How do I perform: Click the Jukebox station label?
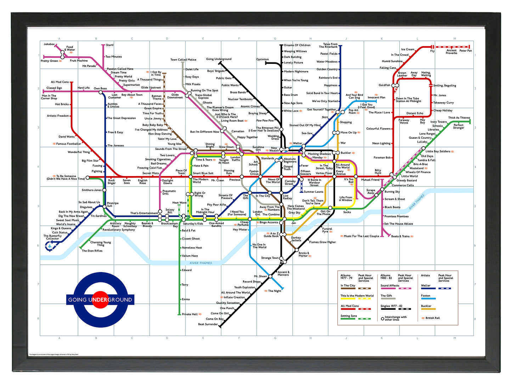point(49,44)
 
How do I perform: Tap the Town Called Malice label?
point(183,60)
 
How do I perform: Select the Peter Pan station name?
point(465,51)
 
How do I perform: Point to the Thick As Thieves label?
point(459,118)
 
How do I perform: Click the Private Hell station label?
point(190,314)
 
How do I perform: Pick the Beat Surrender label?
point(208,324)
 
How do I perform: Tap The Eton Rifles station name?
point(92,251)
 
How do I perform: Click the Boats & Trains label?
point(400,236)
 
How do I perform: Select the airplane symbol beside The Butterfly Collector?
point(50,247)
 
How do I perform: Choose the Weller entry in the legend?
point(426,286)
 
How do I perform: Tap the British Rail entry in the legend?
point(432,318)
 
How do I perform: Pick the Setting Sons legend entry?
point(349,316)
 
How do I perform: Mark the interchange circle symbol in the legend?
point(382,319)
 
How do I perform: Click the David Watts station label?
point(67,137)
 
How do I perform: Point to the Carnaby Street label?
point(290,182)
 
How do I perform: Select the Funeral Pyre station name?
point(327,230)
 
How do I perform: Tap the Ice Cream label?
point(407,49)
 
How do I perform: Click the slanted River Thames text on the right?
point(417,202)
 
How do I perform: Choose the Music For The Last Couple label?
point(361,236)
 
